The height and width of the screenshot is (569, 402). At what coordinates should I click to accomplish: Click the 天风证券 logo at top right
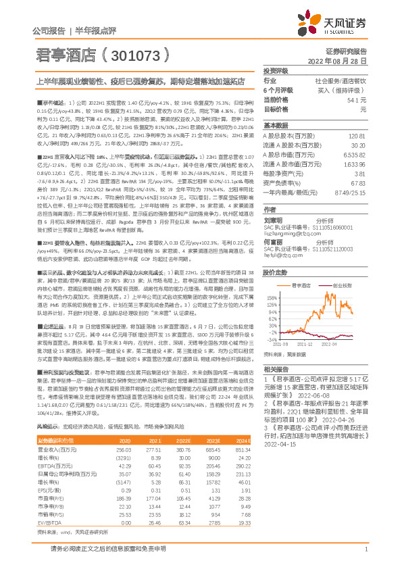pyautogui.click(x=341, y=25)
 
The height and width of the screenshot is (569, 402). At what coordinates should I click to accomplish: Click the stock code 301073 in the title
pyautogui.click(x=141, y=53)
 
